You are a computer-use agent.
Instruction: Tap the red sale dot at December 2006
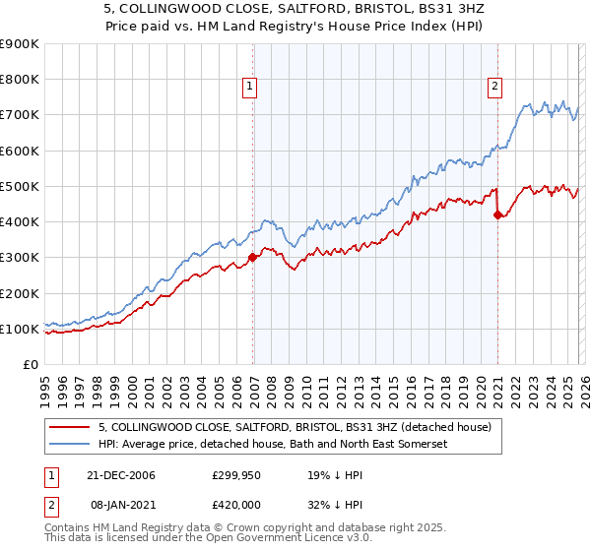[253, 257]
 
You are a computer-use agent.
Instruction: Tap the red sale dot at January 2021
[497, 214]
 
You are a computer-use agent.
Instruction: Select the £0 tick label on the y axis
[30, 364]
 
